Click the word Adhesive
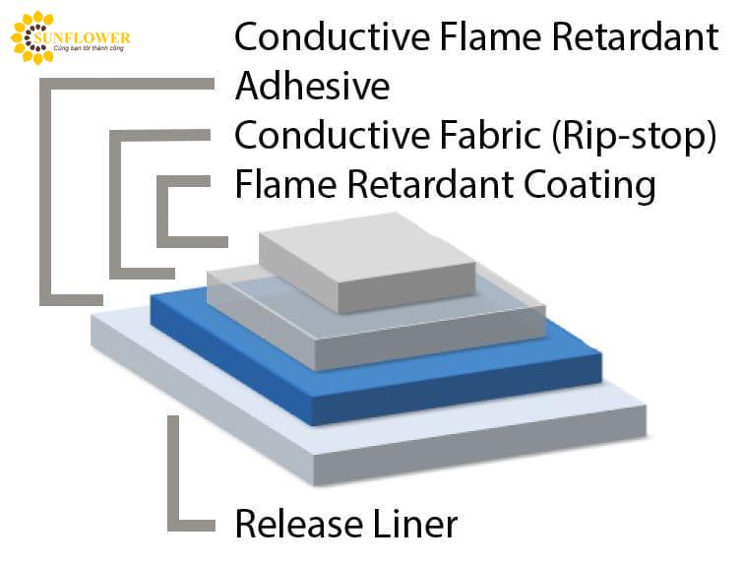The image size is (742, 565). [x=312, y=86]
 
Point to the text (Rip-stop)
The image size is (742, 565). [x=634, y=136]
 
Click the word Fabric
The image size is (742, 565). [x=490, y=135]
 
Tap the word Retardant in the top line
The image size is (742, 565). [x=635, y=36]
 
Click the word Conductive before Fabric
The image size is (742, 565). [x=333, y=135]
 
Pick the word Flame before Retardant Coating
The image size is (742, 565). [x=285, y=184]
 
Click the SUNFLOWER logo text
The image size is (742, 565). [x=83, y=37]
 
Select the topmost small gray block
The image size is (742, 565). [x=367, y=262]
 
